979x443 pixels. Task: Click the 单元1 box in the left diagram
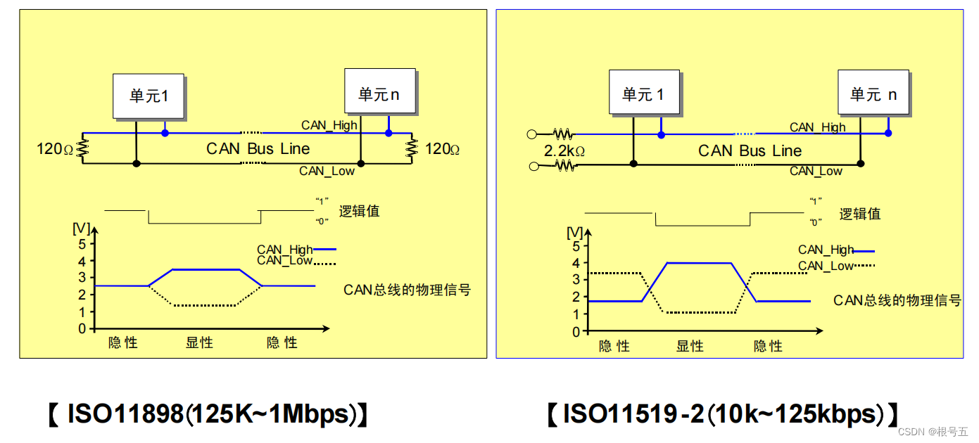point(149,96)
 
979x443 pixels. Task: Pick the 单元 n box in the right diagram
point(873,93)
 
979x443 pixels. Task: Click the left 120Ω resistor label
point(55,149)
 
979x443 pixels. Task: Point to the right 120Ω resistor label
point(443,149)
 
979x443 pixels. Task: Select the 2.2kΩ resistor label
point(565,150)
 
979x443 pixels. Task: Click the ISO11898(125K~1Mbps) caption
point(208,414)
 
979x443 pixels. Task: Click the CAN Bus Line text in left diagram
point(258,148)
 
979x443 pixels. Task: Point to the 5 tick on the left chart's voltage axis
point(82,244)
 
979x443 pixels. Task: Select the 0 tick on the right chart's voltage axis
point(576,331)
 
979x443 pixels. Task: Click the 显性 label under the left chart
point(199,343)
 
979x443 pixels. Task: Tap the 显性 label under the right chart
point(690,346)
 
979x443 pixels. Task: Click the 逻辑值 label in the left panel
point(359,211)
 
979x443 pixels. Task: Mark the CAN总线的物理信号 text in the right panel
point(897,300)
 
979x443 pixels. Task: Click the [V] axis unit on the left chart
point(81,228)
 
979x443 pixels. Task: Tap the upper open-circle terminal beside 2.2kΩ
point(533,134)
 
